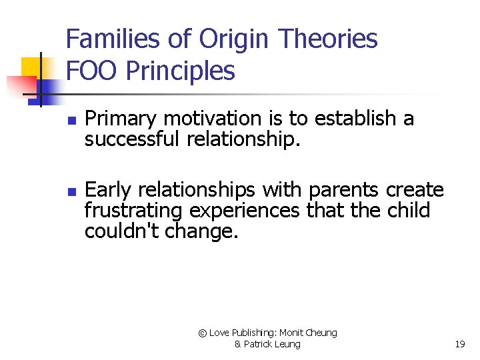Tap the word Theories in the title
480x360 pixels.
tap(328, 39)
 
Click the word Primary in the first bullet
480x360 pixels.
tap(121, 119)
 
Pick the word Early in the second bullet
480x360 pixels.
tap(108, 191)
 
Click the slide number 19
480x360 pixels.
tap(459, 345)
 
